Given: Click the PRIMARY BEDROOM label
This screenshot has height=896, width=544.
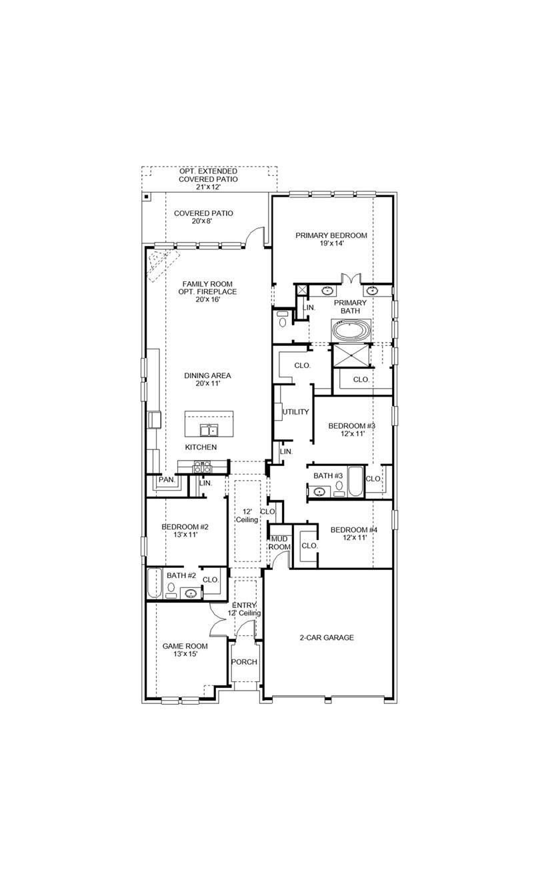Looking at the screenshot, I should click(331, 235).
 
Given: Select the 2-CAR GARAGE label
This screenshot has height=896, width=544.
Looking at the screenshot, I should click(326, 638).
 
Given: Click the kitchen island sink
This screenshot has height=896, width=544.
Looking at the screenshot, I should click(209, 430).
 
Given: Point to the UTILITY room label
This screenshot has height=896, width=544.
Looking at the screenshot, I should click(295, 412).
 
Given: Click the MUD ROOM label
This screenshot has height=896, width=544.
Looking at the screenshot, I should click(279, 543).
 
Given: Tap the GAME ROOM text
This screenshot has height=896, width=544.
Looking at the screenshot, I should click(185, 646).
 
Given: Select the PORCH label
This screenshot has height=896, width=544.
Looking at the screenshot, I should click(244, 662).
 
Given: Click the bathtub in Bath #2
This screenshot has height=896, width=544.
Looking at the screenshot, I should click(154, 584).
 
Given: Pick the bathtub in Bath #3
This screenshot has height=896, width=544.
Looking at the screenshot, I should click(355, 482).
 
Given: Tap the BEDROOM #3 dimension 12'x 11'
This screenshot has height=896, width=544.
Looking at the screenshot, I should click(351, 434).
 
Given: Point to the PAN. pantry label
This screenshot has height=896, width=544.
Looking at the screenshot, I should click(165, 479).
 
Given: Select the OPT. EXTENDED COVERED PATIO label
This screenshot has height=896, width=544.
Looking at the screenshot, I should click(208, 175).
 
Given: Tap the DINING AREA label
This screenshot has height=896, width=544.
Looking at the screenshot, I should click(207, 375).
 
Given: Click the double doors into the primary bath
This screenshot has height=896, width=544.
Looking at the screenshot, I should click(350, 279).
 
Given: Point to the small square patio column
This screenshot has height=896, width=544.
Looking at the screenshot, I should click(147, 197).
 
